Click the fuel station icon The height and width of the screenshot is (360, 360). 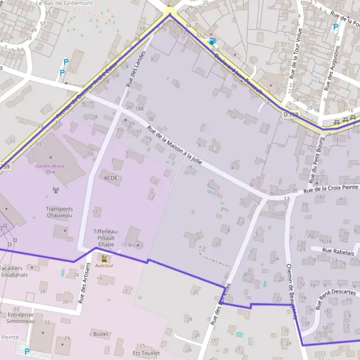point(212,41)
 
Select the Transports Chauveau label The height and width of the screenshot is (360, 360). point(59,212)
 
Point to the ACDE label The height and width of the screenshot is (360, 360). point(111,178)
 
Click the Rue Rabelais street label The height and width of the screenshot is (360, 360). point(338,253)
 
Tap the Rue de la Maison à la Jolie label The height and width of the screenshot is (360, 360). point(174,145)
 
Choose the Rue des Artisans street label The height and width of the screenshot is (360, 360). point(83,283)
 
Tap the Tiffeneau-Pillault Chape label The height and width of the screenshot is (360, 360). point(106,238)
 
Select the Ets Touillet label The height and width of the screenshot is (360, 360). point(146,353)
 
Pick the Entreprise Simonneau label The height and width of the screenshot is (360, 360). point(21,317)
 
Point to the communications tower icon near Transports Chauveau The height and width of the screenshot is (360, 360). point(56,191)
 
